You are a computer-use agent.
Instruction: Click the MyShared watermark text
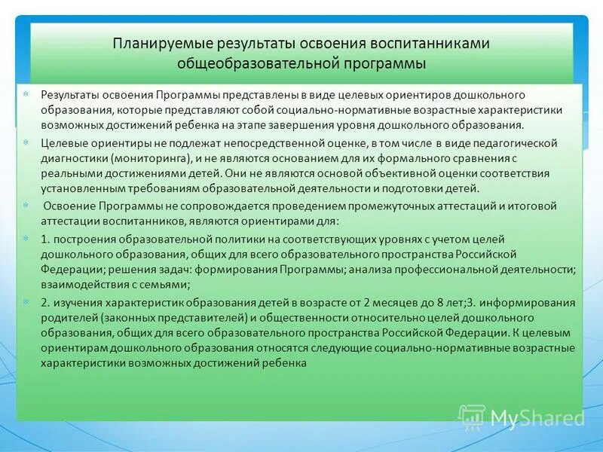(x=537, y=418)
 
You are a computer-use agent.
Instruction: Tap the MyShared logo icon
(x=473, y=417)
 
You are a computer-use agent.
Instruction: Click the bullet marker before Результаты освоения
(x=26, y=95)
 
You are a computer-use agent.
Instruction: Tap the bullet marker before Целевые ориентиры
(x=26, y=143)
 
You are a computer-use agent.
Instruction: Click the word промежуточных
(x=341, y=206)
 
